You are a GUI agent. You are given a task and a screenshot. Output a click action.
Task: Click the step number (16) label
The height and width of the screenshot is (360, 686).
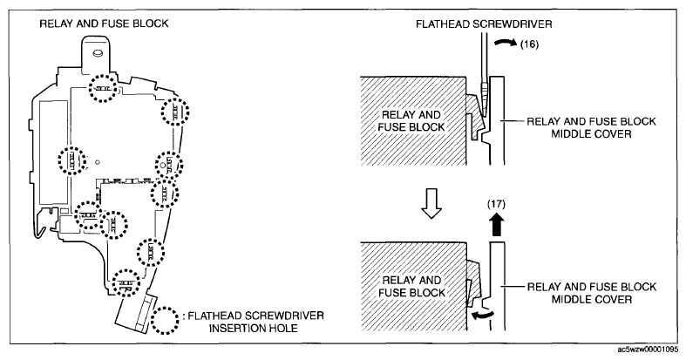pos(529,44)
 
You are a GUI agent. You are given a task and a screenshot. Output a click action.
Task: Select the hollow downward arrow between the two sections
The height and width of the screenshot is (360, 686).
pos(431,204)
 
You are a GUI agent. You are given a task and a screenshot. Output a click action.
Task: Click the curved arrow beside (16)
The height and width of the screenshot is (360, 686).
pos(506,42)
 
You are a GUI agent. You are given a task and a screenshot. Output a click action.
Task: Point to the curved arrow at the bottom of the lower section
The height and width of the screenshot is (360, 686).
pos(482,314)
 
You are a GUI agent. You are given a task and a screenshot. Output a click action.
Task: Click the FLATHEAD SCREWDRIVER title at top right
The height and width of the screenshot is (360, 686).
pos(484,24)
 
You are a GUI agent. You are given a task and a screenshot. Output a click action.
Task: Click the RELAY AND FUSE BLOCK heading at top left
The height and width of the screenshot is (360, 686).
pos(104,24)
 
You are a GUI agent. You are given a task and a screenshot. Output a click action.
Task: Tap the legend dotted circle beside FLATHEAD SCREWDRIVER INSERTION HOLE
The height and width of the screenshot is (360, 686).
pos(165,320)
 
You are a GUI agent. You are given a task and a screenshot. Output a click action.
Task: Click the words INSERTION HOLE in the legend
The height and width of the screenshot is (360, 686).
pos(254,328)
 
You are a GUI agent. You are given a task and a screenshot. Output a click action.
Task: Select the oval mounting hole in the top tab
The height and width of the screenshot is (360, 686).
pos(97,52)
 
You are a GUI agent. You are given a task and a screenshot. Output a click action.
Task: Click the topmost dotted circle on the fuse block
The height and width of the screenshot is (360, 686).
pos(103,88)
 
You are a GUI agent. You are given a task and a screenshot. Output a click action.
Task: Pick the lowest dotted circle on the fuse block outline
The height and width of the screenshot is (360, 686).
pos(126,282)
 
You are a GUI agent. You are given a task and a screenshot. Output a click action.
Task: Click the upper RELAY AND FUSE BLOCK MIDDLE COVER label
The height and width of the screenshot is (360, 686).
pos(591,127)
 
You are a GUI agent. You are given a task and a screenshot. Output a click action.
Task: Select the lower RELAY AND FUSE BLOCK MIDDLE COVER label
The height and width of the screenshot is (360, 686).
pos(592,293)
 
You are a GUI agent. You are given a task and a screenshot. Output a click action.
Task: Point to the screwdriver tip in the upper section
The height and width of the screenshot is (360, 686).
pos(484,113)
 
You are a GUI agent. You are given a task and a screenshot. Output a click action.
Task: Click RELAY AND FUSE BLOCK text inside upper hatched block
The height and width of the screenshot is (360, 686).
pos(411,121)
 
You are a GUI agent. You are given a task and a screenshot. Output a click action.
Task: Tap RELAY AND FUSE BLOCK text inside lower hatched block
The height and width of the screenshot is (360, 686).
pos(411,287)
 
